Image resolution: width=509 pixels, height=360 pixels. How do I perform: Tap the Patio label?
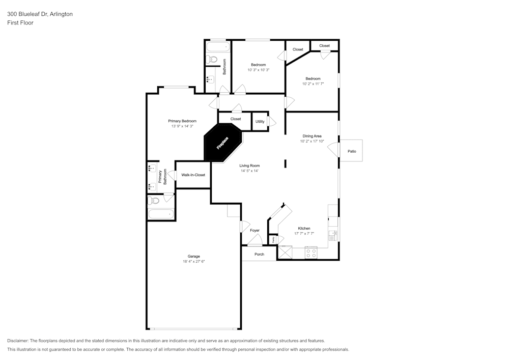(x=352, y=151)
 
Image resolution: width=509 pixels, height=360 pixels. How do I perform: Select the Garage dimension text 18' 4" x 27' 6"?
(x=193, y=261)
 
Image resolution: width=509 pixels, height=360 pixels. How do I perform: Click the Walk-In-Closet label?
(x=193, y=175)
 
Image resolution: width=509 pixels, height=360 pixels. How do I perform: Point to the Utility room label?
(x=260, y=121)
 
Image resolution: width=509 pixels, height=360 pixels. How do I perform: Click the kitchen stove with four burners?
(x=310, y=252)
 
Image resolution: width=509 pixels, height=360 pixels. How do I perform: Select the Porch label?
(x=259, y=254)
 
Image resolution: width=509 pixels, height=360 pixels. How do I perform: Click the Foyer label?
(x=254, y=230)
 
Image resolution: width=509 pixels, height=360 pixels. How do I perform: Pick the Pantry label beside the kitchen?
(x=273, y=239)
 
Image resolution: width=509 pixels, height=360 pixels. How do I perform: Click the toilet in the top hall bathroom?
(x=212, y=60)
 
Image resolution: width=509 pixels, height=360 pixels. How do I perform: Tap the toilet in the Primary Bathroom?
(x=154, y=201)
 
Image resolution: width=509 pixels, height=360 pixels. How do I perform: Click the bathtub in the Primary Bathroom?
(x=161, y=214)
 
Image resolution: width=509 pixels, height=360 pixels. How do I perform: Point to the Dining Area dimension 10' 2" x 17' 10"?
(x=313, y=141)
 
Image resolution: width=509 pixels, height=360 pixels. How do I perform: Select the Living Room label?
(x=249, y=165)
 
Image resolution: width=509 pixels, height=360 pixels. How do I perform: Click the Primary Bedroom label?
(x=182, y=121)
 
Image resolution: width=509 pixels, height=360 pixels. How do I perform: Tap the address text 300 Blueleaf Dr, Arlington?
(x=40, y=14)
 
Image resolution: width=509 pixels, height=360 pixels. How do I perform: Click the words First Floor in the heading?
(x=20, y=23)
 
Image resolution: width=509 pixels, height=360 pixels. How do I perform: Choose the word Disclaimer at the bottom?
(x=18, y=341)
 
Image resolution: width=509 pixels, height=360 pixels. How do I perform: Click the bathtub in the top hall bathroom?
(x=218, y=47)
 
